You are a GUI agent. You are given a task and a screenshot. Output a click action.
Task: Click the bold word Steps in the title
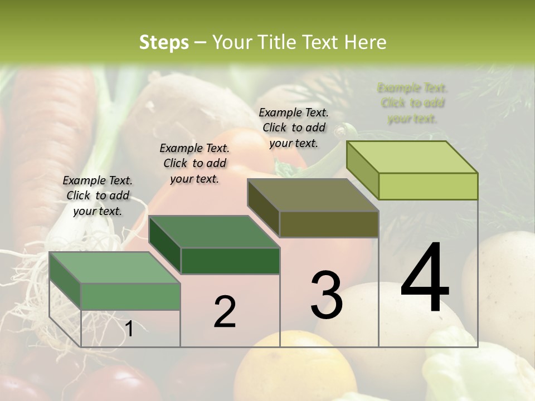pos(164,42)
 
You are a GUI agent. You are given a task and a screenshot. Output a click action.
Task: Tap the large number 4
pos(425,278)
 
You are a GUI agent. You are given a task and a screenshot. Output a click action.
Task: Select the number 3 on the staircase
pos(326,295)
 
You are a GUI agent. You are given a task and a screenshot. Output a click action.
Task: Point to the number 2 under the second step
pos(225,312)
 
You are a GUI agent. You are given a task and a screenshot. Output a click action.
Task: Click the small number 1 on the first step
pos(129,329)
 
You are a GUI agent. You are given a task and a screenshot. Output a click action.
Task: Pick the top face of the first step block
pos(115,267)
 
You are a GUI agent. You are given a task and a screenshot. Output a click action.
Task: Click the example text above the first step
pos(98,195)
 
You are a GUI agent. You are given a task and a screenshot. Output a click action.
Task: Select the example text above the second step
pos(194,163)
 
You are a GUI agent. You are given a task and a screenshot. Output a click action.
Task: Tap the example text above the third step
pos(294,128)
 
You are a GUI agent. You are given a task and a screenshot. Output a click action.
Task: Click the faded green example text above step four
pos(412,103)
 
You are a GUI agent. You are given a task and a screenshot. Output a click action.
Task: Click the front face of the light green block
pos(428,186)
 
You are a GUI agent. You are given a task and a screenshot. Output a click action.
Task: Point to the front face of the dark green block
pos(230,261)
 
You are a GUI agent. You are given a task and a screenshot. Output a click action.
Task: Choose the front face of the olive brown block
pos(329,224)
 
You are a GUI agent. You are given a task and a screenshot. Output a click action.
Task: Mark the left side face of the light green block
pos(362,169)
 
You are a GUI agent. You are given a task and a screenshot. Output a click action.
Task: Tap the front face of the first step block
pos(130,296)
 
